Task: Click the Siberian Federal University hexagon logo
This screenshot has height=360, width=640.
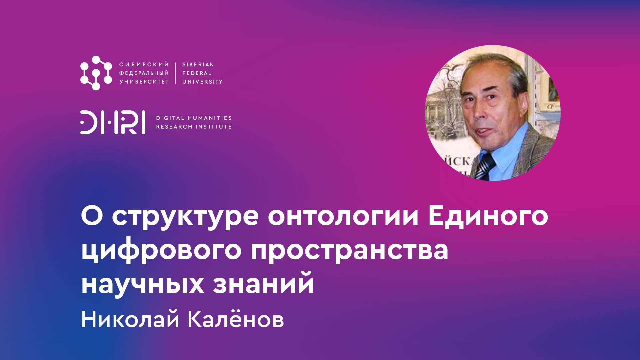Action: pos(96,73)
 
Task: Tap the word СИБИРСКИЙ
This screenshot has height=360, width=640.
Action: pos(144,65)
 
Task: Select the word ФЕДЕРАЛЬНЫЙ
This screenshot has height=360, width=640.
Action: pos(144,73)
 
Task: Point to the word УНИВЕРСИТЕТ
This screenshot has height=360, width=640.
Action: pos(144,82)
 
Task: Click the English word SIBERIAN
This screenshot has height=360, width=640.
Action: pos(198,65)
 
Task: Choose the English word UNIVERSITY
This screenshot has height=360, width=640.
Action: pos(202,82)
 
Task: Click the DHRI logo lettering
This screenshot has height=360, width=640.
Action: pos(113,122)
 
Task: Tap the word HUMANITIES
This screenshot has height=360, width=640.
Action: pos(210,118)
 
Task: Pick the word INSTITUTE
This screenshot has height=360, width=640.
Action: pos(213,127)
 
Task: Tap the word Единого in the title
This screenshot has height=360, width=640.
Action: pos(488,217)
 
